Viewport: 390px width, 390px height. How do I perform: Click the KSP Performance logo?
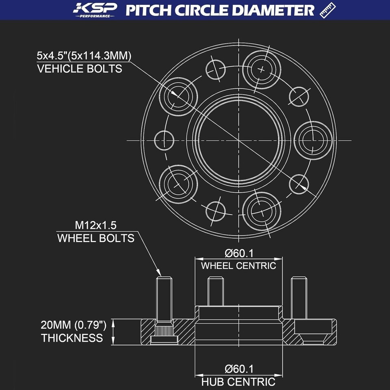(95, 10)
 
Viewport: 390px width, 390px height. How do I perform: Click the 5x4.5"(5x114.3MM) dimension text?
(84, 55)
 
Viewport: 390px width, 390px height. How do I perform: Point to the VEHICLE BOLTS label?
(80, 69)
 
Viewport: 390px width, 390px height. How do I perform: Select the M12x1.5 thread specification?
(96, 225)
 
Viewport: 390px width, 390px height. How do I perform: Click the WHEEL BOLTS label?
(96, 238)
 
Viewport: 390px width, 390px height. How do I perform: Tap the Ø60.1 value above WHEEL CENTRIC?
(239, 253)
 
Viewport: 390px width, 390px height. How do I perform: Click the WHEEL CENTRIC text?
(239, 266)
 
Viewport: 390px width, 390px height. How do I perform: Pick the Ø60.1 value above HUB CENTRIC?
(239, 369)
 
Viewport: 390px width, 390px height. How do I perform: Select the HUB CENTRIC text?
(239, 382)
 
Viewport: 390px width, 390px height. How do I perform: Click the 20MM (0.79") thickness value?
(74, 325)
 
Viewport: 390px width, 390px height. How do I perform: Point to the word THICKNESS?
(72, 338)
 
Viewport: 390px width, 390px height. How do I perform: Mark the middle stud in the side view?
(215, 291)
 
